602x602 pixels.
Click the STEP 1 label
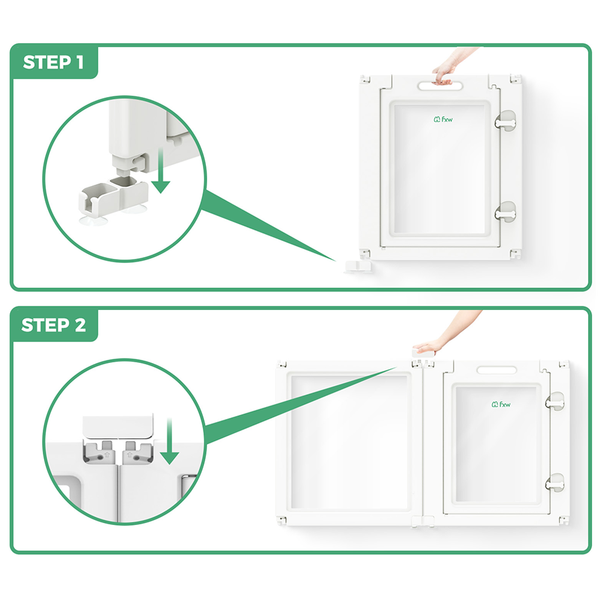pos(54,62)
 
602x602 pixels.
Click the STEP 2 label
pos(54,325)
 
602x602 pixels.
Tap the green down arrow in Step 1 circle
pos(161,170)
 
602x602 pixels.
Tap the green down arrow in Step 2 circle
pos(169,441)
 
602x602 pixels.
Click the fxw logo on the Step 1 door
pos(443,119)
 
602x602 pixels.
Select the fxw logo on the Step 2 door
pos(501,405)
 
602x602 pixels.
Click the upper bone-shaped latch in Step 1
pos(505,121)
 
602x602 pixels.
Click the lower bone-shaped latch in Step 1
pos(505,211)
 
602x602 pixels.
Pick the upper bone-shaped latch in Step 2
pos(555,402)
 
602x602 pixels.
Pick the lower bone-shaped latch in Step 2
pos(555,483)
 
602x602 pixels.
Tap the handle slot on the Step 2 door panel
pos(497,370)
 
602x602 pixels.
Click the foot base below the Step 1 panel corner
pos(358,267)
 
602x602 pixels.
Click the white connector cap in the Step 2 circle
pos(118,426)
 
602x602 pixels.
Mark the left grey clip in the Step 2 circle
pos(100,451)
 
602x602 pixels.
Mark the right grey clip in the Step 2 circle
pos(137,451)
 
